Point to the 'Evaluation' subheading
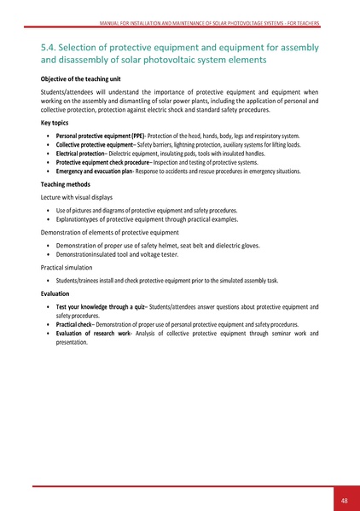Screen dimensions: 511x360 pyautogui.click(x=56, y=293)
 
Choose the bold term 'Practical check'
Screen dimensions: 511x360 pyautogui.click(x=73, y=324)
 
